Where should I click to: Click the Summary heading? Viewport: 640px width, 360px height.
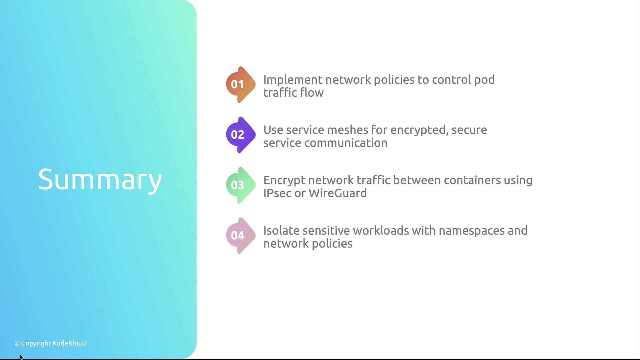100,180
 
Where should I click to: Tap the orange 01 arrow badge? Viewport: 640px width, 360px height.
241,85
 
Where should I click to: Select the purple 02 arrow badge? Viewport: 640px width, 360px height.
241,135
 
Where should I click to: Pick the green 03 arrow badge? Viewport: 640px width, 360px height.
241,185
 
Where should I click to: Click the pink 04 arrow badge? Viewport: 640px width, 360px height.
241,236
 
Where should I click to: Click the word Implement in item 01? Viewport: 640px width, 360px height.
293,80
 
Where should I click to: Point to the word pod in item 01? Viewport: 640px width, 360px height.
484,80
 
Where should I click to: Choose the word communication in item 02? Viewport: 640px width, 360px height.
346,143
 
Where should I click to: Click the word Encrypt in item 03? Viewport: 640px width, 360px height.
284,181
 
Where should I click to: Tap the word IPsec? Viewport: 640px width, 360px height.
277,193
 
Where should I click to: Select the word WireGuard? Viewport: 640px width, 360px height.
338,193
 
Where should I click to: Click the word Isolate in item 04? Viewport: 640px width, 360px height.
281,231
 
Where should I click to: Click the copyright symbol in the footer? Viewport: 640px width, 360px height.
17,343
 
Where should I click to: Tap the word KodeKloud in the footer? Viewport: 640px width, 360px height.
69,343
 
